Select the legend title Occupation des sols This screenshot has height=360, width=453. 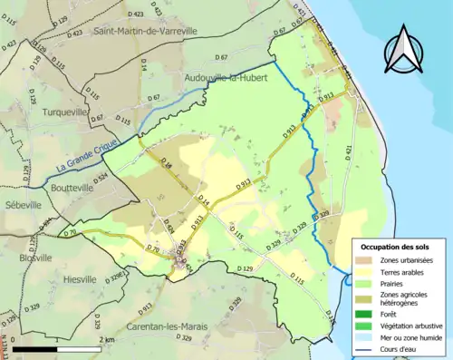398,247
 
